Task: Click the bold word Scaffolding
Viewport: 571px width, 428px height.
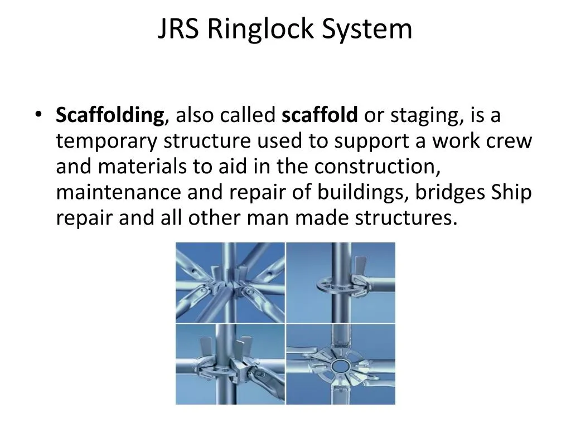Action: pyautogui.click(x=110, y=116)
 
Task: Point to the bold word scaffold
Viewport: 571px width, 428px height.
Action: pyautogui.click(x=320, y=116)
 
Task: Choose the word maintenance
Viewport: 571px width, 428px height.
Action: pyautogui.click(x=119, y=192)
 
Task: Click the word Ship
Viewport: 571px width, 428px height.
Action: pyautogui.click(x=511, y=193)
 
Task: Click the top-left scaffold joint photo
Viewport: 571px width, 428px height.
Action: pyautogui.click(x=230, y=282)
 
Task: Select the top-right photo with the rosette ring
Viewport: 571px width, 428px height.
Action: pyautogui.click(x=341, y=282)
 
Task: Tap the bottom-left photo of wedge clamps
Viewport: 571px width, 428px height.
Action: pyautogui.click(x=230, y=364)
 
